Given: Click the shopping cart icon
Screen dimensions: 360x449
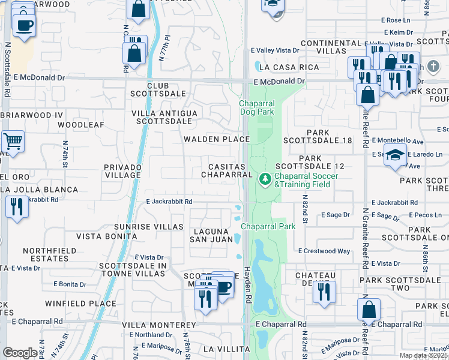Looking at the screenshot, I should coord(13,142).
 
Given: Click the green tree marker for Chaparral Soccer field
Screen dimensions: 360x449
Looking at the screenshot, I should coord(265,179).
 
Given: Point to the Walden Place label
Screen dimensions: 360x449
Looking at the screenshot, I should coord(216,139).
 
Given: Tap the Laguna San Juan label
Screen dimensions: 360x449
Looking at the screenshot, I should coord(211,235).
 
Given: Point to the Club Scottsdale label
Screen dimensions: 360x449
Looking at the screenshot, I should coord(158,90).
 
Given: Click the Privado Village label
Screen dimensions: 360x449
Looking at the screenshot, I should coord(122,171).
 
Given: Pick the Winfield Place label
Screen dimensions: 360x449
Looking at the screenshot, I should coord(80,304).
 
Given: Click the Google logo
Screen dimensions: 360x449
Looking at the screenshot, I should coord(20,353).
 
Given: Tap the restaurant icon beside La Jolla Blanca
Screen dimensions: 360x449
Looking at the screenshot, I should coord(16,207).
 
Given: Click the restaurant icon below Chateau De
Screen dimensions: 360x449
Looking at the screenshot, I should coord(324,292).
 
